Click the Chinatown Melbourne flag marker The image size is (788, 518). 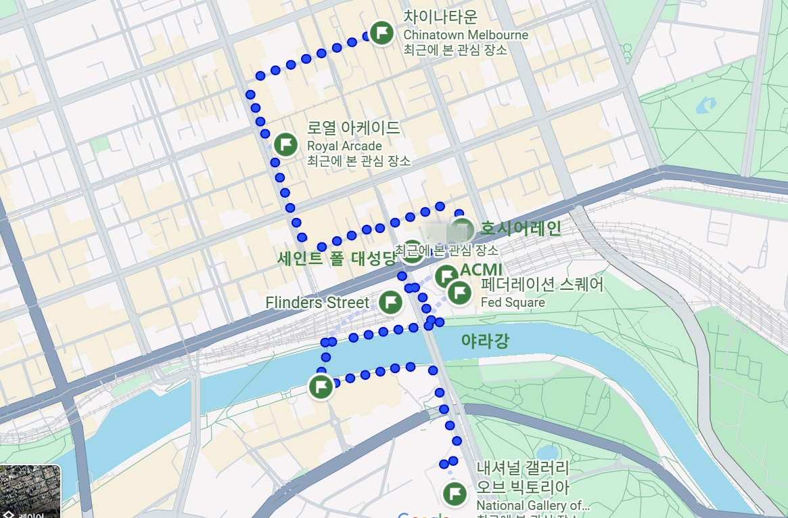coord(383,33)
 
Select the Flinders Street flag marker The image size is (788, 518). coord(390,302)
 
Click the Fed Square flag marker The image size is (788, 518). coord(460,293)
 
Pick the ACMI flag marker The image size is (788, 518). coord(446,276)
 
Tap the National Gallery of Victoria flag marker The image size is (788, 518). coord(455,493)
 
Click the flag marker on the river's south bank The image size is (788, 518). coord(321,387)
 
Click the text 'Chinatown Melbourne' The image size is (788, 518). coord(465,35)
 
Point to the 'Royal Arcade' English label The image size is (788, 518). coord(344,146)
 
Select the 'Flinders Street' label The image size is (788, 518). coord(317,303)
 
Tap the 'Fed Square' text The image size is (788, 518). coord(513,302)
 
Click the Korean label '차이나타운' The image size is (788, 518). coord(440,16)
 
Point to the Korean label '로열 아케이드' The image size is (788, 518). coord(353,128)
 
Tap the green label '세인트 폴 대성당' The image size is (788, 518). coord(336,258)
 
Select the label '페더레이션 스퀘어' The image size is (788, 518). coord(541,284)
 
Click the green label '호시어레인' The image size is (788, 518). coord(521,228)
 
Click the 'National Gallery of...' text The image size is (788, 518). coord(533,505)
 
